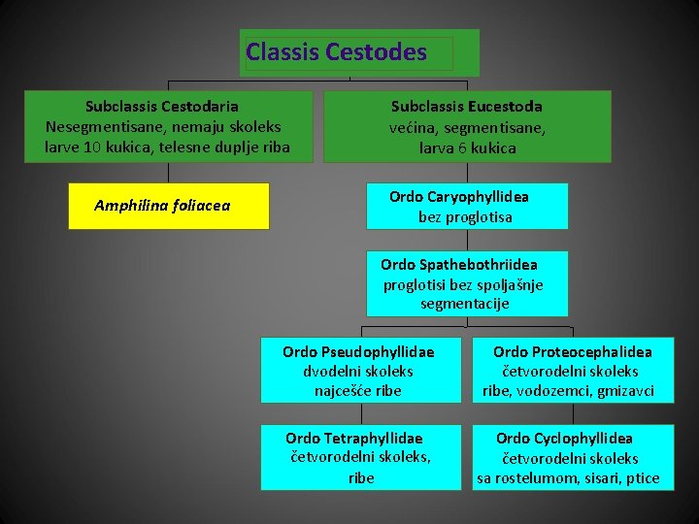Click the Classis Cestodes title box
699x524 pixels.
tap(359, 52)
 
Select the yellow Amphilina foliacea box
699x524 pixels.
tap(168, 206)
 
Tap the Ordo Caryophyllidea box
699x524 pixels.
tap(466, 206)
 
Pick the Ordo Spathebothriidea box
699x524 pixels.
tap(466, 283)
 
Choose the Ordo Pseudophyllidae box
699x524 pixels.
tap(360, 370)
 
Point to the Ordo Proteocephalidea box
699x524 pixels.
tap(572, 370)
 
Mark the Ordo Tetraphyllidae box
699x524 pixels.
tap(360, 457)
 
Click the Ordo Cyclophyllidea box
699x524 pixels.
tap(572, 457)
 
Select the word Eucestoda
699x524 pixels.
tap(505, 107)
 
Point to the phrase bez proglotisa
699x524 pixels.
tap(465, 216)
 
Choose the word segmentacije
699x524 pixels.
tap(464, 304)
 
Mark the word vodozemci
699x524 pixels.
tap(555, 391)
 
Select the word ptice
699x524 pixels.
tap(642, 478)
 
